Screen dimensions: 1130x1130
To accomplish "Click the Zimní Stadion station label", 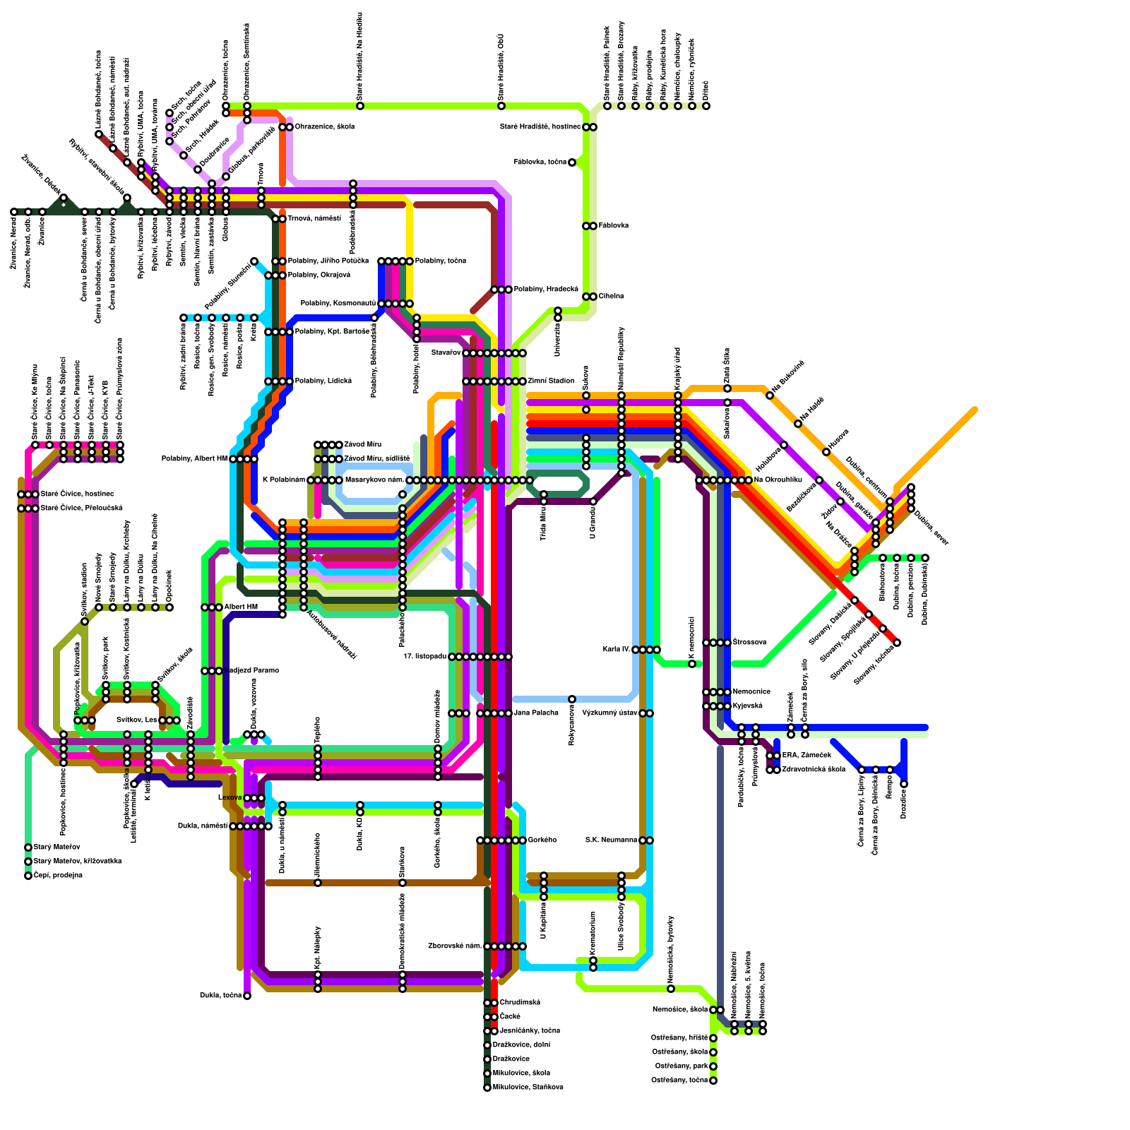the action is [551, 381].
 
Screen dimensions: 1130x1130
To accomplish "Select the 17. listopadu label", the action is [424, 657].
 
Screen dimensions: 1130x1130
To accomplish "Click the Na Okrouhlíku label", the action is [778, 480].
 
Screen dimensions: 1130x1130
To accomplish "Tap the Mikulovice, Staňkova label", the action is [528, 1088].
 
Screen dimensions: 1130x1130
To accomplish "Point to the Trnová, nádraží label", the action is [314, 219].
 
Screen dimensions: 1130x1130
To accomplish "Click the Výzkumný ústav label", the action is [609, 713].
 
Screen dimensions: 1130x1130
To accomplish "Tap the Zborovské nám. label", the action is [454, 946].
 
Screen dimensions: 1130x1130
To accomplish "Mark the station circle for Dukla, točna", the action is [247, 996].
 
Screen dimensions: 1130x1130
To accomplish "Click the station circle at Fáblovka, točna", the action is [572, 162].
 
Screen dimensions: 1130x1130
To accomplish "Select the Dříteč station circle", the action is [706, 106].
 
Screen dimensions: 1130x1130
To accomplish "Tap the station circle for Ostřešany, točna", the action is [713, 1081].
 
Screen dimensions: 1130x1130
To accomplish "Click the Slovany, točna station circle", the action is [897, 643].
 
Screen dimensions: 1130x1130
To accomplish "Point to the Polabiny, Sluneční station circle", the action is [254, 261].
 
